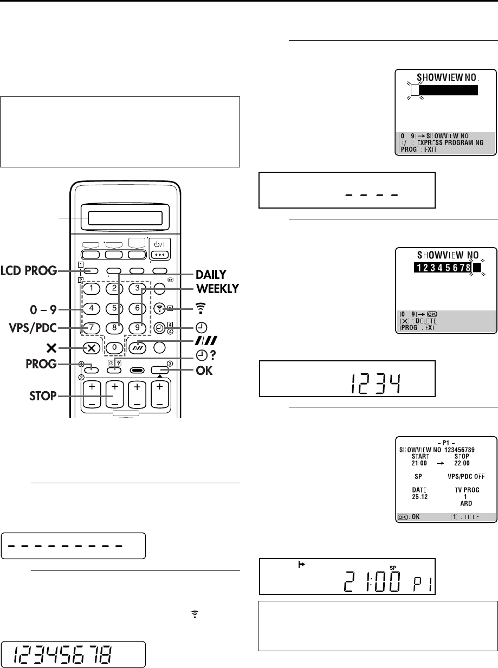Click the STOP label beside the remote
tap(42, 396)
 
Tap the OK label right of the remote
tap(196, 372)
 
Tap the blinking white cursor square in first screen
tap(415, 90)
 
